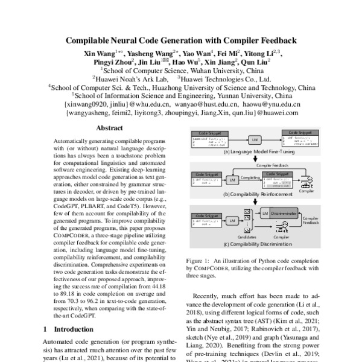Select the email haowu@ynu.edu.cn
point(268,104)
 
